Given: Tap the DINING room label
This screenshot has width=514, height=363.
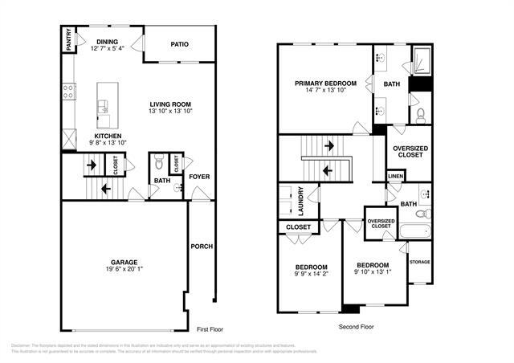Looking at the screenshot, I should (x=108, y=42).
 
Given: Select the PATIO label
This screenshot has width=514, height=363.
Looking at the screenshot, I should (x=179, y=44).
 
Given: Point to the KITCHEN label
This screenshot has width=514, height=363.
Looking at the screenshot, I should (x=108, y=137).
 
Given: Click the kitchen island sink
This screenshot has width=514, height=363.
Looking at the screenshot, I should (x=103, y=106).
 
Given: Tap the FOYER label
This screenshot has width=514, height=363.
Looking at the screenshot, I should (x=198, y=176).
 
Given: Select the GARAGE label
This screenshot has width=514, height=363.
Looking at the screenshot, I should (x=124, y=262).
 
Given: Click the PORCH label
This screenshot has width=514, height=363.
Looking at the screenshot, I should (x=201, y=247).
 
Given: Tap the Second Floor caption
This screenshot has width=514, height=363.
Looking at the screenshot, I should (x=357, y=327).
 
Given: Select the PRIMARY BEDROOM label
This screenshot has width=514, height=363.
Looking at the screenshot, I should (x=325, y=84).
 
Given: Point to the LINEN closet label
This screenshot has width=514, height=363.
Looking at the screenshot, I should (x=395, y=177).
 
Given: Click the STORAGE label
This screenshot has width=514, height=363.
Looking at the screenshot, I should (x=419, y=262).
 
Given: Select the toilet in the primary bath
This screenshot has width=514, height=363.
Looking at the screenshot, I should (x=419, y=114).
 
